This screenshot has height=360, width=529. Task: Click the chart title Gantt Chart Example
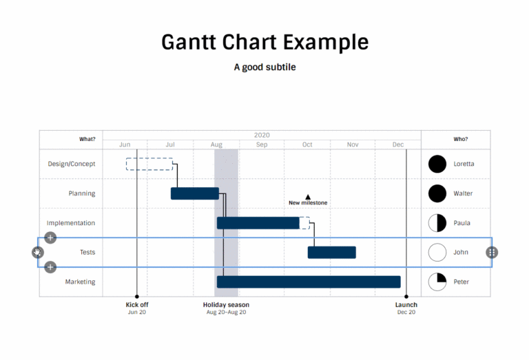tap(264, 42)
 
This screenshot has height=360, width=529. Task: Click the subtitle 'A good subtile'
tap(264, 67)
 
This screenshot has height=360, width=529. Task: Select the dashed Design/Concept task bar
tap(149, 164)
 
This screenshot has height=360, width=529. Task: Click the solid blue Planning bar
tap(194, 193)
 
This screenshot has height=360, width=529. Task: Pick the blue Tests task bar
tap(331, 253)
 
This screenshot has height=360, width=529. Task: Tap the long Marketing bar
tap(309, 282)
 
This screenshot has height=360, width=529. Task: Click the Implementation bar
tap(258, 223)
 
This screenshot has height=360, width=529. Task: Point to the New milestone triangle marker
tap(308, 197)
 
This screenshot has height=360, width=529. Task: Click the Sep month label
tap(262, 145)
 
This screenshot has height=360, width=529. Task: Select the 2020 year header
tap(262, 135)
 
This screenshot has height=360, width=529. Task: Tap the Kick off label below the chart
tap(137, 304)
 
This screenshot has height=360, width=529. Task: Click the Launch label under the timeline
tap(406, 304)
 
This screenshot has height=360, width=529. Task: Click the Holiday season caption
tap(226, 304)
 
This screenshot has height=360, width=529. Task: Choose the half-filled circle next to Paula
tap(437, 223)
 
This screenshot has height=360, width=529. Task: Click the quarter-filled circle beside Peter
tap(437, 282)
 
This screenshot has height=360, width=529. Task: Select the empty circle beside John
tap(437, 253)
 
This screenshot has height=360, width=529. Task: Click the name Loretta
tap(464, 164)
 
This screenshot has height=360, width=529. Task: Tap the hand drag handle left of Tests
tap(38, 253)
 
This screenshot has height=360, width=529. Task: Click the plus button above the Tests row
tap(50, 237)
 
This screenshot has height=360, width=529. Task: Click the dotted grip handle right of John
tap(491, 253)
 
